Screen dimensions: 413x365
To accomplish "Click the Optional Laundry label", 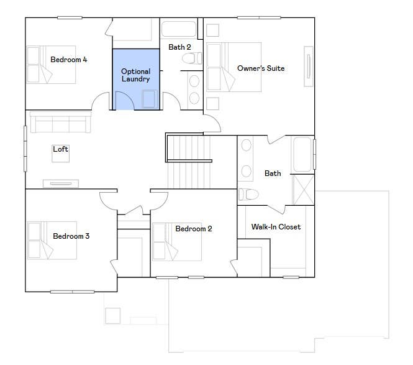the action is [135, 75].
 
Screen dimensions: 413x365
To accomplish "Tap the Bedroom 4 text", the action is [69, 60].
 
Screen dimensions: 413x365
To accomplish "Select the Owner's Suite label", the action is [261, 68].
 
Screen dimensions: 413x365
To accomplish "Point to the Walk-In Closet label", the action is [276, 227].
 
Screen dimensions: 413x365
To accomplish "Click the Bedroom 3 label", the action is [71, 236].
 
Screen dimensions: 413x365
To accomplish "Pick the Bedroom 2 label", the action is [194, 229].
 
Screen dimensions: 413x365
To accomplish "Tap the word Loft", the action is [61, 149].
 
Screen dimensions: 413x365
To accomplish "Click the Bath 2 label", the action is [179, 47].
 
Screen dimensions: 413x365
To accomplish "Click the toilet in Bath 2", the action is [192, 58].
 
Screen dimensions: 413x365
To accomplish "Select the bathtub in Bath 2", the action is [179, 29].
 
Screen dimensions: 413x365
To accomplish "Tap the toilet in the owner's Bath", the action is [248, 195].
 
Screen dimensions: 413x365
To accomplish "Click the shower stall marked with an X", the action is [304, 190].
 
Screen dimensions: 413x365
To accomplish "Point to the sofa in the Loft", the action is [61, 122].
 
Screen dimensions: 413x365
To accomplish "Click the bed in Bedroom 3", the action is [52, 241].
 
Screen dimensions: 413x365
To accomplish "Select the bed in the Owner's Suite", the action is [234, 67].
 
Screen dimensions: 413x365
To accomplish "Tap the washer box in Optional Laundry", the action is [150, 99].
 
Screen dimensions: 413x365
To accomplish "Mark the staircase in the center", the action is [189, 162].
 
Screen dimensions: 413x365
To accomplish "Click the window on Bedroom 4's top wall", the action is [70, 17].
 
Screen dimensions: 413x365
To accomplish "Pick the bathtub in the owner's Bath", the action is [302, 155].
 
